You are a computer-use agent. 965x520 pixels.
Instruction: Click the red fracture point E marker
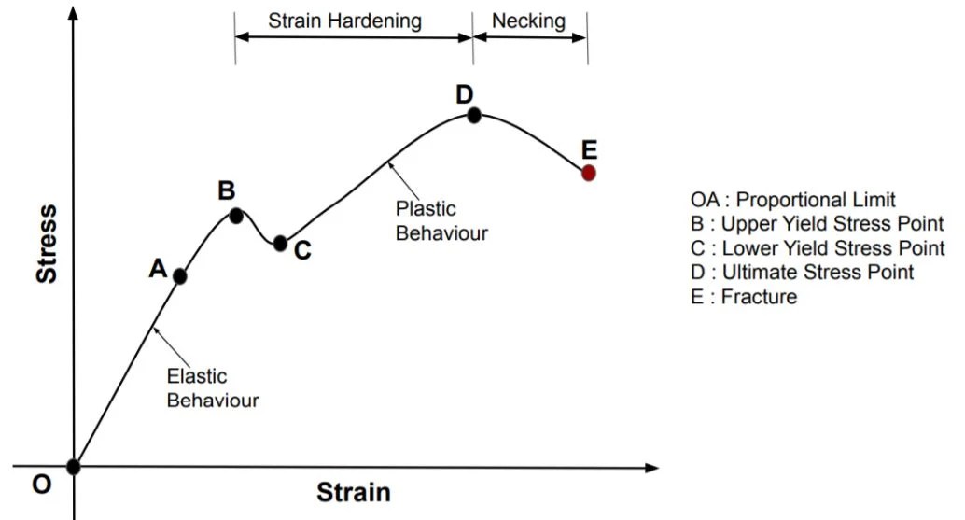click(588, 173)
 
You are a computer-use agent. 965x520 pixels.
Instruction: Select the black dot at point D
click(474, 115)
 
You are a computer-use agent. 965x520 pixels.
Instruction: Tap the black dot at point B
click(236, 216)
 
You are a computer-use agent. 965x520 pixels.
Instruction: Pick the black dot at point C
click(280, 243)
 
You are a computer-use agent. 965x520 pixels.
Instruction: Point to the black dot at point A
click(180, 277)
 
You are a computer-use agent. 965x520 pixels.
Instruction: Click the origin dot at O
click(73, 467)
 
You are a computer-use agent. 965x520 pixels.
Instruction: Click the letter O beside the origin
click(41, 485)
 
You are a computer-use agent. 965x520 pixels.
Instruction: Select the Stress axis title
click(47, 245)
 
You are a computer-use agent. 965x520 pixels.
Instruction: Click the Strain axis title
click(354, 492)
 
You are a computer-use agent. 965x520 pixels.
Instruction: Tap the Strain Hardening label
click(344, 21)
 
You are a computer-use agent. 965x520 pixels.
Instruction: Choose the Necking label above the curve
click(528, 21)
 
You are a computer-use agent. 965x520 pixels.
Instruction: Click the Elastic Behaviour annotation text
click(213, 387)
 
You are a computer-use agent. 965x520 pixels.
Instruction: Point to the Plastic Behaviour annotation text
click(441, 221)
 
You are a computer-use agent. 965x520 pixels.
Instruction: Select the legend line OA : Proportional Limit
click(792, 200)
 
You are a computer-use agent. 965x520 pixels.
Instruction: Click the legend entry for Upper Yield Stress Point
click(817, 223)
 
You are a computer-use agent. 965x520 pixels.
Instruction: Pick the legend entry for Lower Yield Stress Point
click(818, 248)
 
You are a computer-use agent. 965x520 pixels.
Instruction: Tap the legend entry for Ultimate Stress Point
click(802, 272)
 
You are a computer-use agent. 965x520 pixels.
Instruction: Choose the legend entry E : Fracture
click(744, 297)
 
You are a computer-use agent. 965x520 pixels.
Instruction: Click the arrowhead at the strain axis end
click(652, 468)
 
